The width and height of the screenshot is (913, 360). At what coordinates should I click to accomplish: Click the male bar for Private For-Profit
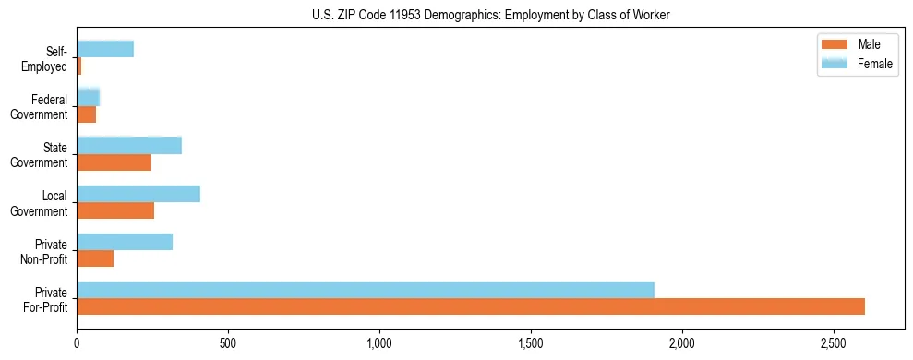pyautogui.click(x=471, y=306)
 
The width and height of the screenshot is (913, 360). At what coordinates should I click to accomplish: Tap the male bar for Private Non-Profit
pyautogui.click(x=95, y=258)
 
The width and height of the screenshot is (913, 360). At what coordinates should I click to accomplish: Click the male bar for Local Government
pyautogui.click(x=115, y=210)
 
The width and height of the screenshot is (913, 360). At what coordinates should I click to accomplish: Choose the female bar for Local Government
pyautogui.click(x=138, y=194)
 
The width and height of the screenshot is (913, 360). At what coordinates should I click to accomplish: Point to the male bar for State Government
pyautogui.click(x=114, y=162)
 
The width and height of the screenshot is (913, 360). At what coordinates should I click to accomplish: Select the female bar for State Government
pyautogui.click(x=129, y=145)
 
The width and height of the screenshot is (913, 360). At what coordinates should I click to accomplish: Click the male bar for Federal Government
pyautogui.click(x=86, y=114)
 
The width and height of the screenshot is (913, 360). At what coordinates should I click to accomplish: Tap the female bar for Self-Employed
pyautogui.click(x=105, y=49)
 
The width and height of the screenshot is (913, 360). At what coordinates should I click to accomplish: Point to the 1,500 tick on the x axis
pyautogui.click(x=531, y=342)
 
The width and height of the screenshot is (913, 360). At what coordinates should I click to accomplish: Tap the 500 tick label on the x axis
pyautogui.click(x=228, y=342)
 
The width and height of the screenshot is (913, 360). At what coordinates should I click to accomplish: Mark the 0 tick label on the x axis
pyautogui.click(x=78, y=342)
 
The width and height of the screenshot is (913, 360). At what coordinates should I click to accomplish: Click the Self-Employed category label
pyautogui.click(x=46, y=59)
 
